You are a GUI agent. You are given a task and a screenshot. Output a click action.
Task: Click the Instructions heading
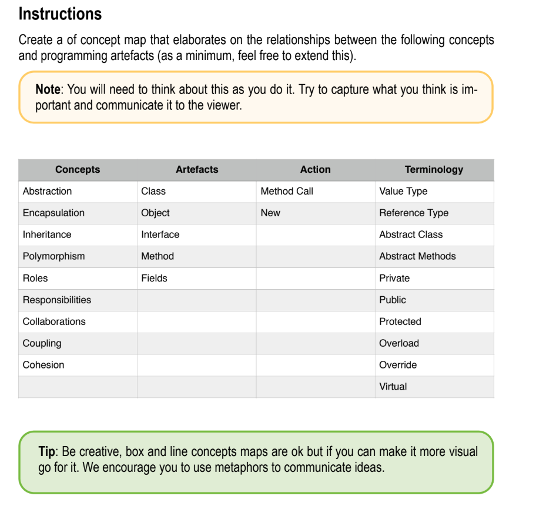pyautogui.click(x=60, y=14)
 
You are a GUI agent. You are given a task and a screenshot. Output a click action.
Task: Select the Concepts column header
pyautogui.click(x=78, y=170)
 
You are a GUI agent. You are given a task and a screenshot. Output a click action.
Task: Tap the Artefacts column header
pyautogui.click(x=197, y=170)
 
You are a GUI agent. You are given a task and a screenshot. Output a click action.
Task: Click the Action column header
pyautogui.click(x=316, y=170)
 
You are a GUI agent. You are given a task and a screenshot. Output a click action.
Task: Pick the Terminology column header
pyautogui.click(x=434, y=170)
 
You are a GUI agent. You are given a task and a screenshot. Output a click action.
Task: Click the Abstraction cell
pyautogui.click(x=47, y=192)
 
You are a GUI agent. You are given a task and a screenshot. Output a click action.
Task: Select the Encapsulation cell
pyautogui.click(x=53, y=213)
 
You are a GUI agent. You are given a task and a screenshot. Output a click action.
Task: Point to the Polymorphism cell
pyautogui.click(x=53, y=256)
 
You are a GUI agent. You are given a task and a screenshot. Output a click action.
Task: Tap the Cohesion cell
pyautogui.click(x=43, y=365)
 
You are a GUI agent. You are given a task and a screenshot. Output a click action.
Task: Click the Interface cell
pyautogui.click(x=160, y=234)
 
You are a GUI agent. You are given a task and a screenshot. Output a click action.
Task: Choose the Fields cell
pyautogui.click(x=154, y=278)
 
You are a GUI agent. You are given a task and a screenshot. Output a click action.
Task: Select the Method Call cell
pyautogui.click(x=287, y=192)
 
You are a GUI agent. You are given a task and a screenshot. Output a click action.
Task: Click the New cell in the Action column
pyautogui.click(x=270, y=213)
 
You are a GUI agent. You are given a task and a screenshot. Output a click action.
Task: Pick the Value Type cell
pyautogui.click(x=403, y=192)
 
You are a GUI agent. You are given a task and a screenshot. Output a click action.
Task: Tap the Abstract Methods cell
pyautogui.click(x=417, y=256)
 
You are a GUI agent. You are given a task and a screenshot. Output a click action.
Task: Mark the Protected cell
pyautogui.click(x=400, y=321)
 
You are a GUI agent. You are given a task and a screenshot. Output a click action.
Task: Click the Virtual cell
pyautogui.click(x=393, y=387)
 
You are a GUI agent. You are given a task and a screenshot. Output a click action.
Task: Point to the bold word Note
pyautogui.click(x=48, y=90)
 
